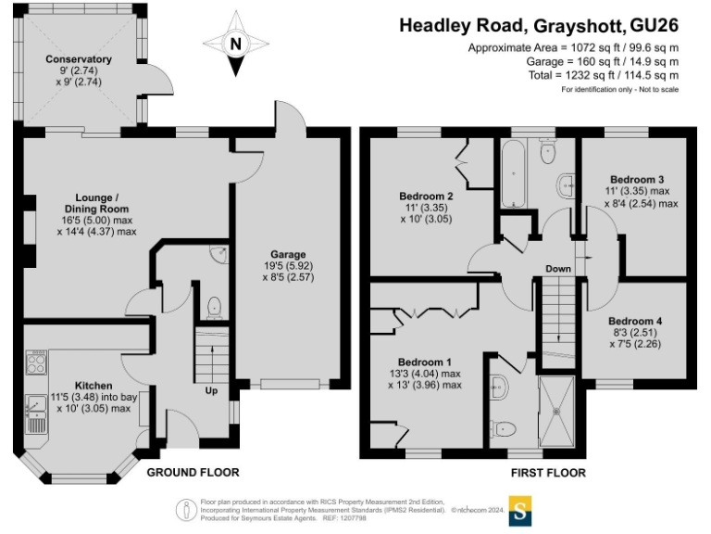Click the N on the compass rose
[x=236, y=44]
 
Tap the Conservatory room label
[x=79, y=59]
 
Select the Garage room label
[x=288, y=254]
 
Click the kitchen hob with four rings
[x=36, y=362]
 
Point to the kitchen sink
[x=36, y=414]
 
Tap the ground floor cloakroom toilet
[x=214, y=308]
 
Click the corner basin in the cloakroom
[x=220, y=254]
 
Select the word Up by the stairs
[x=211, y=390]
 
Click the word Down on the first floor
[x=557, y=269]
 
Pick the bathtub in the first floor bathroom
[x=513, y=173]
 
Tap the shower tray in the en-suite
[x=556, y=412]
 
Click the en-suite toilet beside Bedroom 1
[x=504, y=428]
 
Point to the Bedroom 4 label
[x=635, y=321]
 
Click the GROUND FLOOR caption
[x=193, y=472]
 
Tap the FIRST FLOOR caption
[x=548, y=473]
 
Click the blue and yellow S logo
[x=520, y=511]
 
